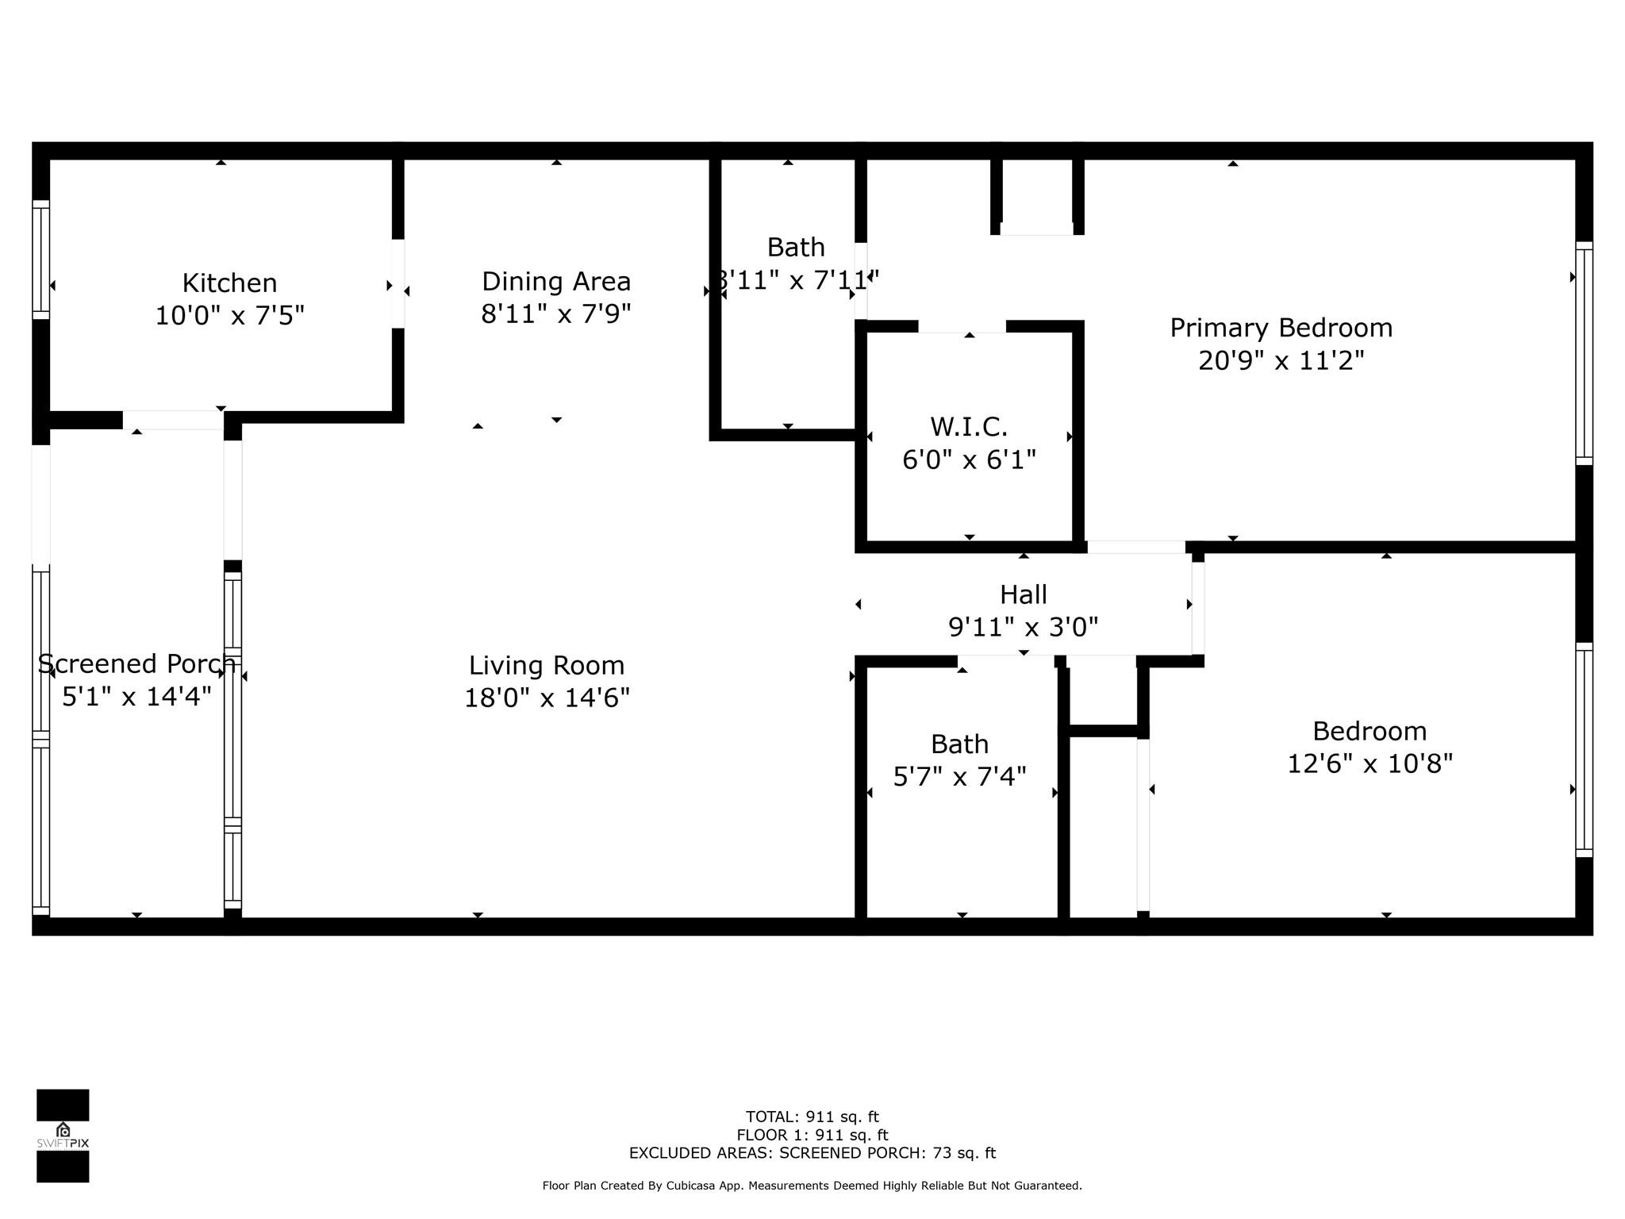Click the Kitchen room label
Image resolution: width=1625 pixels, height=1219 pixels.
229,283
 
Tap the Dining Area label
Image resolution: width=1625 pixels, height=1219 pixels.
556,282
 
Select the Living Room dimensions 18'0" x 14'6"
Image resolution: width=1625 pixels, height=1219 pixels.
547,698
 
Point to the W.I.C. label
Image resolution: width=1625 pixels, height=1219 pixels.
969,427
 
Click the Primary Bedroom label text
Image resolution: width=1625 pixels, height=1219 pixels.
1281,329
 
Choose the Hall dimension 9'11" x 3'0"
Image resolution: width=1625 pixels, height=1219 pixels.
1024,627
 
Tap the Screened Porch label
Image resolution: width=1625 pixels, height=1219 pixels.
137,663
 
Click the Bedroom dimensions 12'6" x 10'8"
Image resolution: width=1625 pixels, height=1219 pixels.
1370,763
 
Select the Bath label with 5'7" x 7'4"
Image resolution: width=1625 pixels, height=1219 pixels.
960,744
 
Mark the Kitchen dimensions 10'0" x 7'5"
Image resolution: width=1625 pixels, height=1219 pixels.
229,316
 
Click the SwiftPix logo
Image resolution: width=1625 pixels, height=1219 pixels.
63,1136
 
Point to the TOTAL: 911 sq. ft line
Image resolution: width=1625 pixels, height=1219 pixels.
812,1117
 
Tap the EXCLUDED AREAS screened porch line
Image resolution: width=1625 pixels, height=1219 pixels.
812,1153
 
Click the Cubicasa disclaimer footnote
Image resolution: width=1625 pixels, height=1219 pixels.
812,1186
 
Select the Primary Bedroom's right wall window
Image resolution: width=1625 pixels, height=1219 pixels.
1584,353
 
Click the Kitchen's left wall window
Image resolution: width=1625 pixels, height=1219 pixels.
40,260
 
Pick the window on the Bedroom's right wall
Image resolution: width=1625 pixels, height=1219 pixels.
1584,750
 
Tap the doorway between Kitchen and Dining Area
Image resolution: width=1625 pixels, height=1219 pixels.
398,283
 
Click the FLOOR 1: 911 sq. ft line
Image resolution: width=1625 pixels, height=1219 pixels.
812,1135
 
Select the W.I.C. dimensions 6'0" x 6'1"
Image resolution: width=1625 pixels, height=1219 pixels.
969,460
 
